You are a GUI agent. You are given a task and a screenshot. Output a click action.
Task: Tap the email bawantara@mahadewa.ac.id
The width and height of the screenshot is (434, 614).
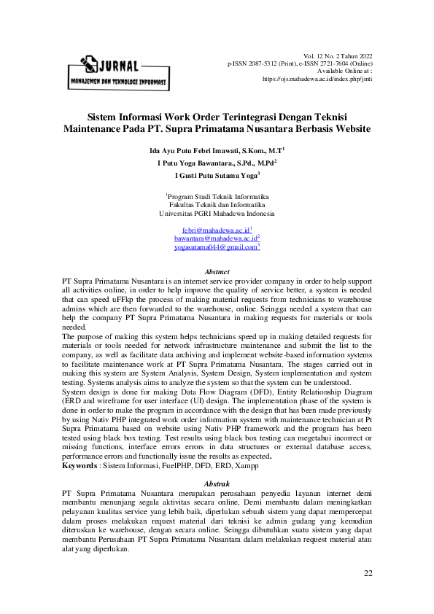point(216,238)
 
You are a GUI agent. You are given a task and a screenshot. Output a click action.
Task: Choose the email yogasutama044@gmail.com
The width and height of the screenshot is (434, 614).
point(216,247)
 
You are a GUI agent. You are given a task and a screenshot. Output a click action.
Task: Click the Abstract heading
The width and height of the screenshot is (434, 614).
point(217,271)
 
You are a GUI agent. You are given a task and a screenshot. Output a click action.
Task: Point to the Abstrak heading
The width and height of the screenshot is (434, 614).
point(217,484)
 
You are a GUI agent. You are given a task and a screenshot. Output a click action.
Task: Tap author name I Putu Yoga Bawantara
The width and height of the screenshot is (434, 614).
point(195,163)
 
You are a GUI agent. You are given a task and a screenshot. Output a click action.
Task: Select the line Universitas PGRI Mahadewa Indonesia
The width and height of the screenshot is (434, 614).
point(217,214)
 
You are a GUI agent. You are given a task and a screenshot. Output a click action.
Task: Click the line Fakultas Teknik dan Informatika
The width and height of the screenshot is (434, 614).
point(217,206)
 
